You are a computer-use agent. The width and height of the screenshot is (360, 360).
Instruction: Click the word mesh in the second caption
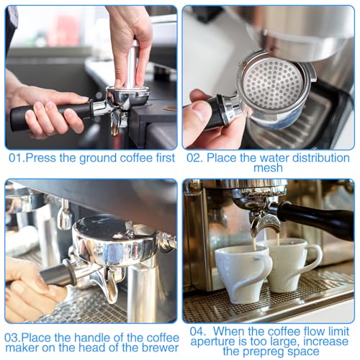click(269, 168)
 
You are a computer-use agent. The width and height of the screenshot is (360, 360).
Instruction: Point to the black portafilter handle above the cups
click(317, 219)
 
